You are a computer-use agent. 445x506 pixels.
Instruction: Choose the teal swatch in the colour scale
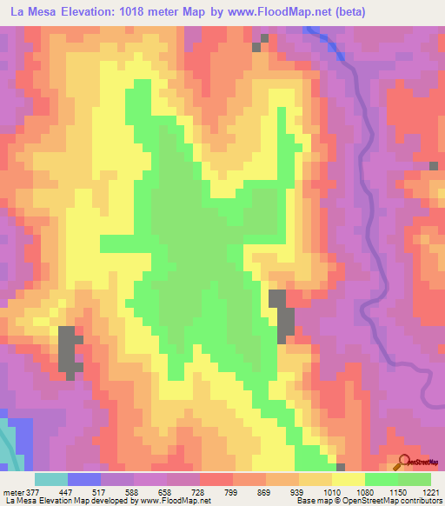tap(51, 479)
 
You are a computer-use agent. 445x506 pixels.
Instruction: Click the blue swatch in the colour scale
tap(84, 479)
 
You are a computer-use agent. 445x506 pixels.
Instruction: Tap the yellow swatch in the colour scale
tap(348, 479)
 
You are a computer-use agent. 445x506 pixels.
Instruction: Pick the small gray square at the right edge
tap(433, 165)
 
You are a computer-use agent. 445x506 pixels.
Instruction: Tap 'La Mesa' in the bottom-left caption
tap(19, 501)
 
